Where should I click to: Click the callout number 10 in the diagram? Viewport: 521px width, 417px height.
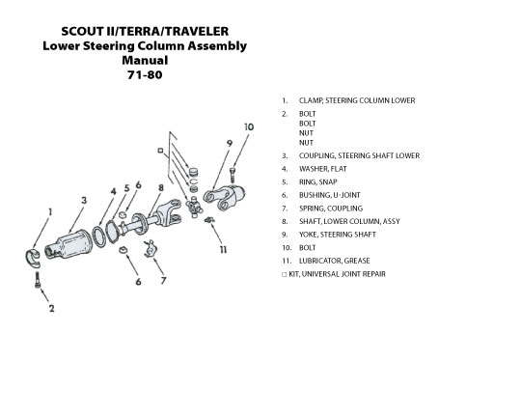click(249, 127)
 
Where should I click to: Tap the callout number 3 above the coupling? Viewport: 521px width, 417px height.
click(84, 200)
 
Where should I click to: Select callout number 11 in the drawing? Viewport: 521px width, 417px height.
click(223, 250)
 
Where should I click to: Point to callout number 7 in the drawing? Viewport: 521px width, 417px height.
click(163, 281)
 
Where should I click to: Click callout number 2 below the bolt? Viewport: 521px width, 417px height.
click(51, 308)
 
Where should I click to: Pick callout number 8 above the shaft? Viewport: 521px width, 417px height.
click(161, 188)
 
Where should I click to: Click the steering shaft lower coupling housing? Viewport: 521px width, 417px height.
click(69, 244)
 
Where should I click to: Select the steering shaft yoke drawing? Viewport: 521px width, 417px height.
click(224, 197)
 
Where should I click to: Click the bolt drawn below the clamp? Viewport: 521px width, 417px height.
click(38, 280)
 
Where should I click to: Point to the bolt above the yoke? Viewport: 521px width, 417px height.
click(233, 176)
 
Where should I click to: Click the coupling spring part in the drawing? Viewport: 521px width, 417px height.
click(151, 248)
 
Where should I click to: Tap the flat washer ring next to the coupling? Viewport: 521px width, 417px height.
click(98, 236)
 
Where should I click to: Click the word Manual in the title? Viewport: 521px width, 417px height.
click(145, 60)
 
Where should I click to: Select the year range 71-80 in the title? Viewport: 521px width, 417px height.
click(145, 74)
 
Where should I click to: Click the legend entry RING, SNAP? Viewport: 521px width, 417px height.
click(318, 182)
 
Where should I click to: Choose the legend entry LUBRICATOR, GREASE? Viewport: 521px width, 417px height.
click(334, 261)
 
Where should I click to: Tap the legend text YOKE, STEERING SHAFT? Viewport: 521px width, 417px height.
click(338, 235)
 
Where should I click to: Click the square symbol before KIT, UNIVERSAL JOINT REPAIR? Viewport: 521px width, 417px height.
click(284, 275)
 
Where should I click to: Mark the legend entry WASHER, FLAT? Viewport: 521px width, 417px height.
click(322, 169)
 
